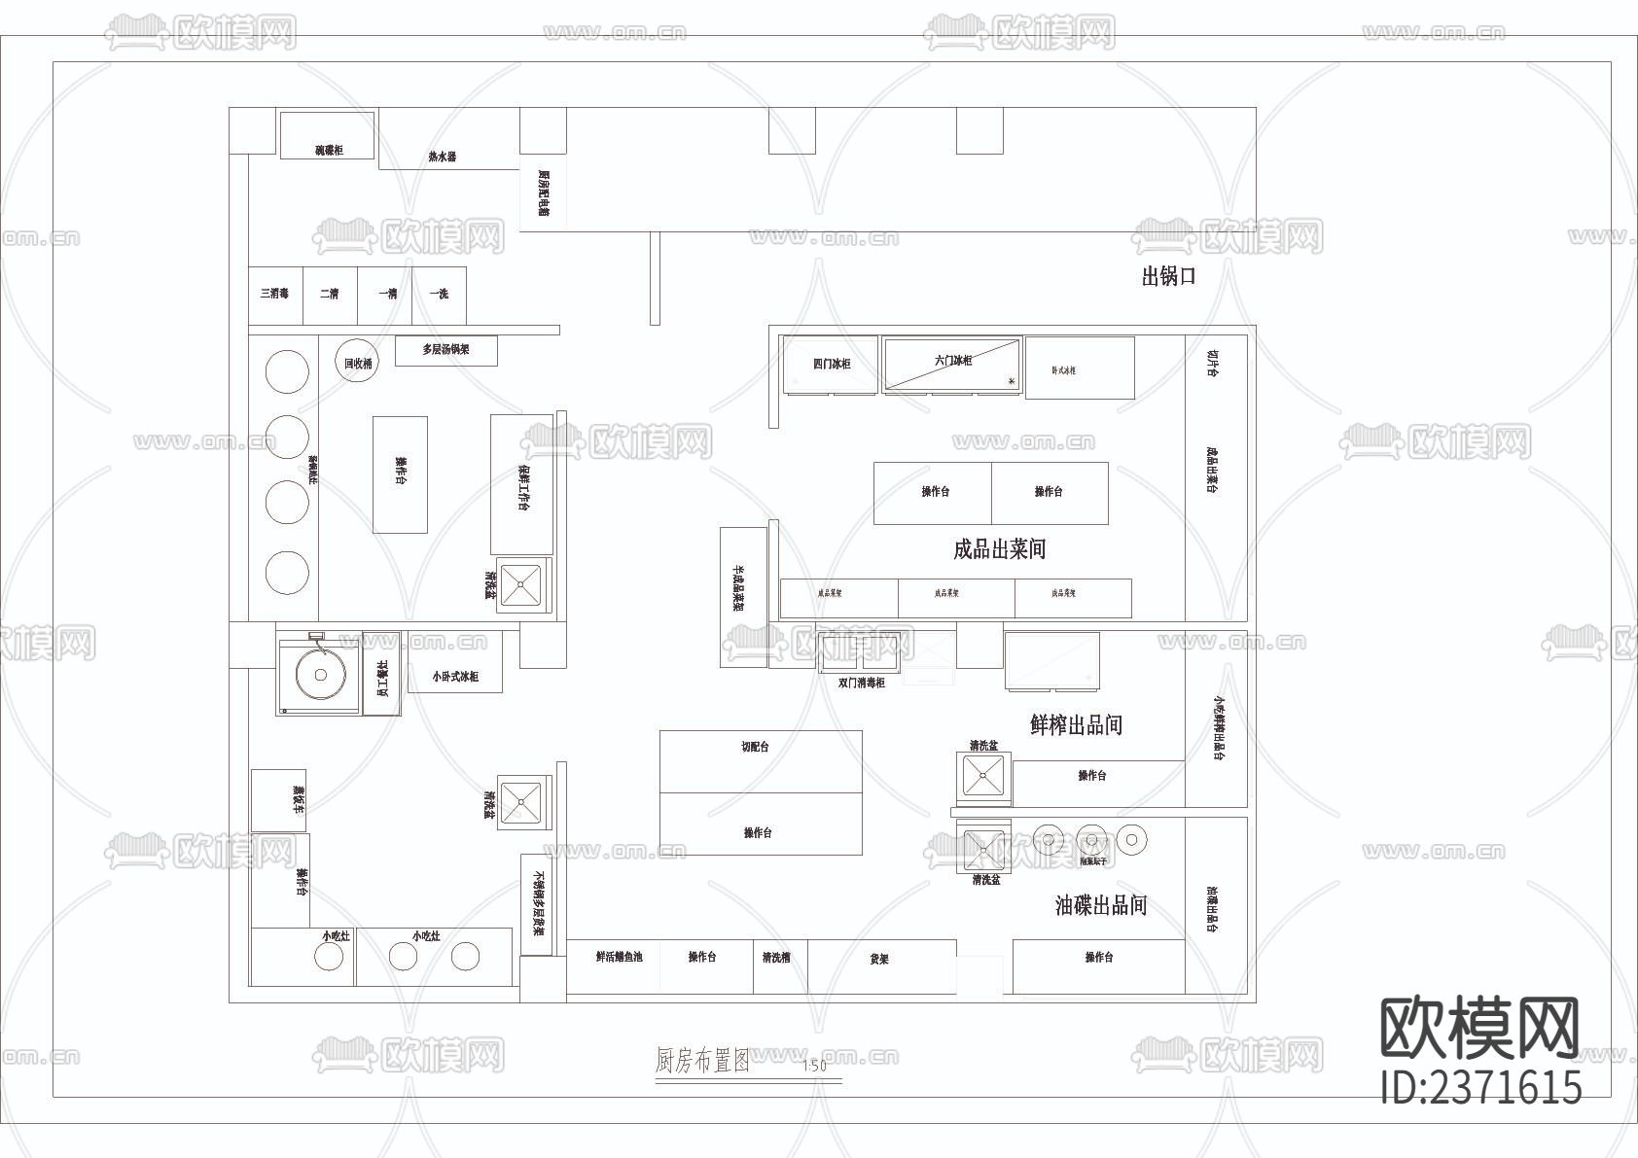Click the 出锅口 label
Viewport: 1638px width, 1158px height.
1168,276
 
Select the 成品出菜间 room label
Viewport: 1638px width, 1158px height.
1000,549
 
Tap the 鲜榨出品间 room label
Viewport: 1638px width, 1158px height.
1076,724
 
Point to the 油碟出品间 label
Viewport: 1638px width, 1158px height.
1101,905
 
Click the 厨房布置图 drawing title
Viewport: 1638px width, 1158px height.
703,1060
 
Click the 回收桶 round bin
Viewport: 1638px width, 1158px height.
358,363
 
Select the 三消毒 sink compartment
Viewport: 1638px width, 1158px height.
275,294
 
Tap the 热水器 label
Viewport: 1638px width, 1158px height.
443,157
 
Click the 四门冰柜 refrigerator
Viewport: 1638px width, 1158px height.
832,364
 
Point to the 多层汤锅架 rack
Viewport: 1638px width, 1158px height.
446,350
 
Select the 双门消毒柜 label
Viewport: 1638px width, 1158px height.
862,683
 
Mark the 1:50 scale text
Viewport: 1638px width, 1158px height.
814,1066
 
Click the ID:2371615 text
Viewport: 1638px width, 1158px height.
1481,1086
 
